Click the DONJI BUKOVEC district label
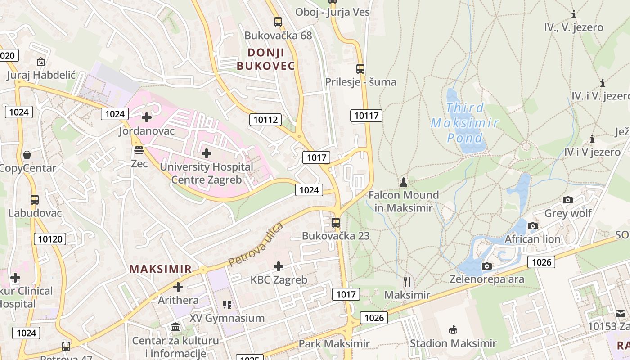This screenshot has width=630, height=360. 265,59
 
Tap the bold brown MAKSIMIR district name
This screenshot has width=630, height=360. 161,269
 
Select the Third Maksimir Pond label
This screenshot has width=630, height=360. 465,122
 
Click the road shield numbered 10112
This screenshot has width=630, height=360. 265,119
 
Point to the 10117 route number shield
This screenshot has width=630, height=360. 366,116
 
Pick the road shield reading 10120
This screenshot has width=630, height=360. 50,239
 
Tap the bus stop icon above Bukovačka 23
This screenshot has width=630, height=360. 335,222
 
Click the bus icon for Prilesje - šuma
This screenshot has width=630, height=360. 360,69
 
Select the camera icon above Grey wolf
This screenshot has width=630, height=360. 568,200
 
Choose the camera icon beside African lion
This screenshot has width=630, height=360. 533,226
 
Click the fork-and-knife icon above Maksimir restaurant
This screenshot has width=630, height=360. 407,282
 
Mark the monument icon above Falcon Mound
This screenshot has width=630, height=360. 404,182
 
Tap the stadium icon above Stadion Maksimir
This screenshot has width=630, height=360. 453,330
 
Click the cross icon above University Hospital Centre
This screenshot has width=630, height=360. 207,153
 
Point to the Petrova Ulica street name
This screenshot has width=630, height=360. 255,244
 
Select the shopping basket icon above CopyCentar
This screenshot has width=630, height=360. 27,155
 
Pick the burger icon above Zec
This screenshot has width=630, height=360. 139,150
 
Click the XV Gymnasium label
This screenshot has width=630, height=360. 227,318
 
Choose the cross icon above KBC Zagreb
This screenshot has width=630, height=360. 279,266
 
